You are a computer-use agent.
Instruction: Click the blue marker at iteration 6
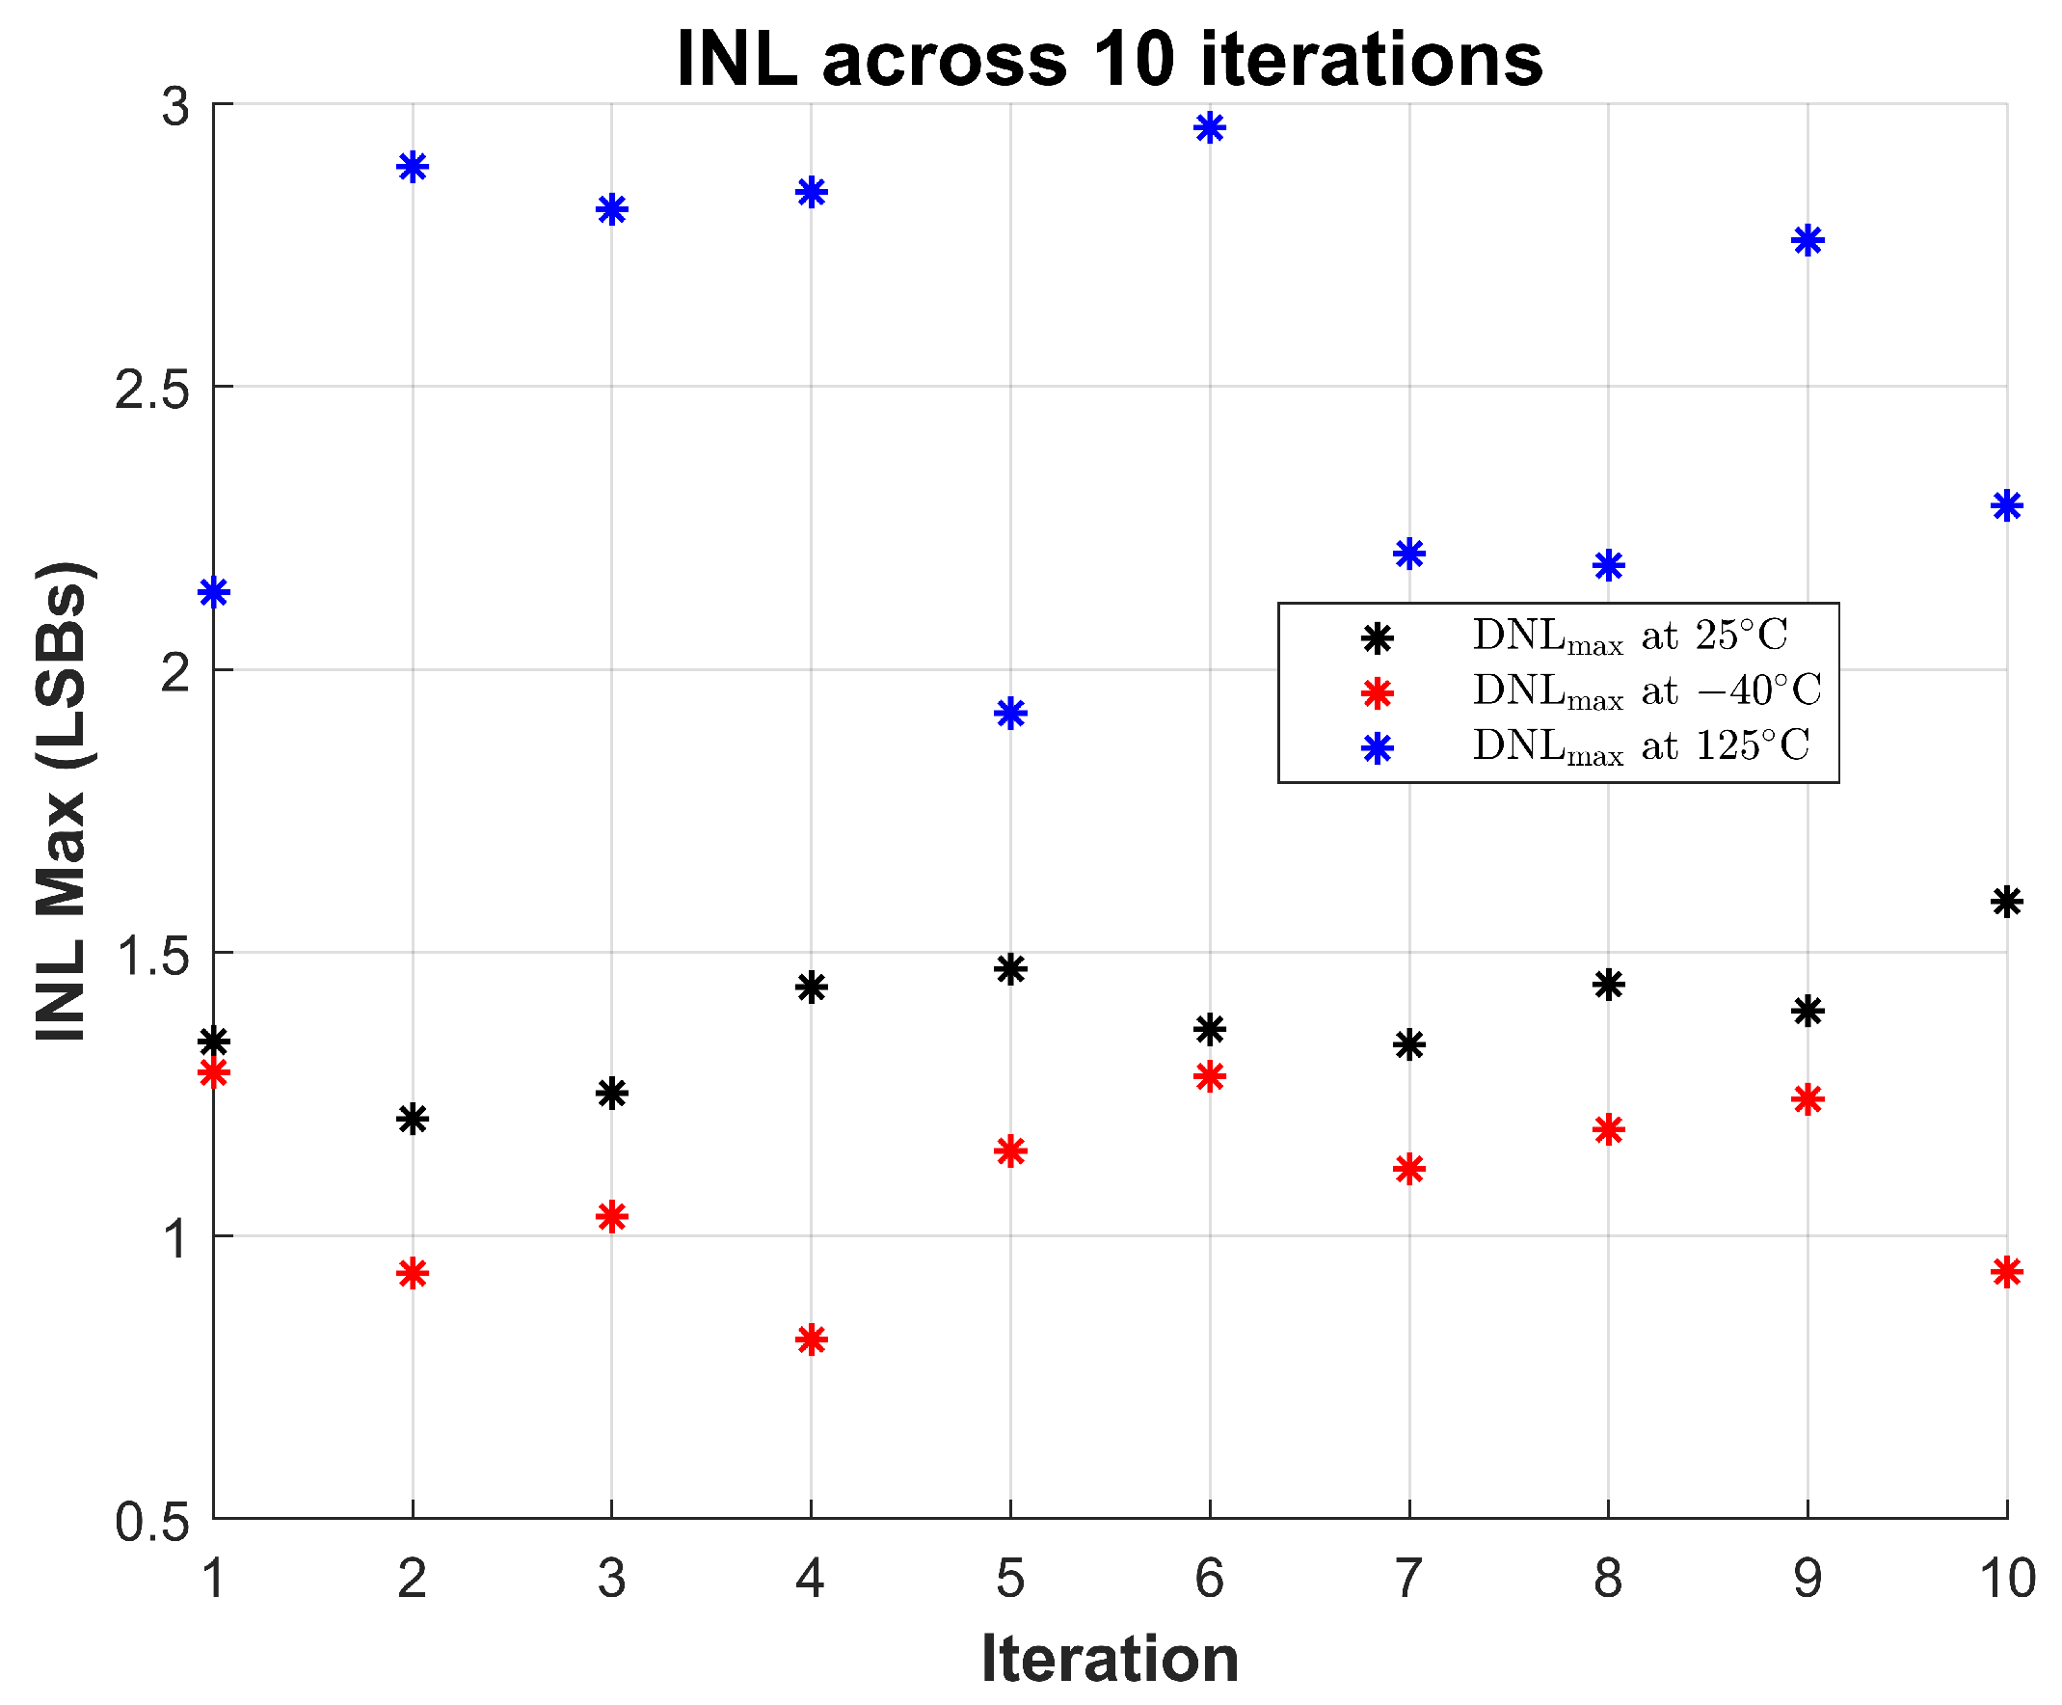[x=1210, y=127]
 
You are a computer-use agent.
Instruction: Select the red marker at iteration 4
[x=811, y=1339]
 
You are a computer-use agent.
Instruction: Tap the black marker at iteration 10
[x=2006, y=901]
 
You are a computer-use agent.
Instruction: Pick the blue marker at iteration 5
[x=1010, y=713]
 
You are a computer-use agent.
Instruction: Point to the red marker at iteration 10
[x=2006, y=1272]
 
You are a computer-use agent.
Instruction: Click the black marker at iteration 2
[x=413, y=1118]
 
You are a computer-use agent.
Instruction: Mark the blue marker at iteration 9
[x=1808, y=241]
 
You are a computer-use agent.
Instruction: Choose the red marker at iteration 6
[x=1210, y=1076]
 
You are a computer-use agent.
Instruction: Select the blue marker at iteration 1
[x=214, y=592]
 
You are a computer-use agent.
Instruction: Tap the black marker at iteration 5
[x=1010, y=969]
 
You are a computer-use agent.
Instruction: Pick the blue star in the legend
[x=1378, y=749]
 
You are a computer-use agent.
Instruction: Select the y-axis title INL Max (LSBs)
[x=61, y=801]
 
